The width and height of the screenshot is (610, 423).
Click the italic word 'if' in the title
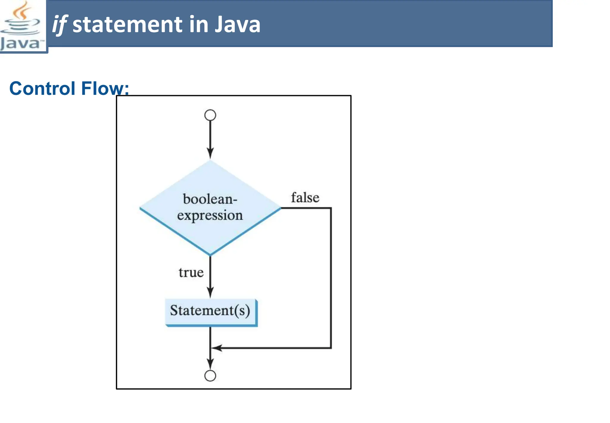click(60, 24)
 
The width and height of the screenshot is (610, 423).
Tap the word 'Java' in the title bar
click(237, 24)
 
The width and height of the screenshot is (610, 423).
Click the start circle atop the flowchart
click(210, 115)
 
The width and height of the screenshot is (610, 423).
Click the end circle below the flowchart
click(210, 376)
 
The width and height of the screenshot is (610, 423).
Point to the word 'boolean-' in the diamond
click(210, 199)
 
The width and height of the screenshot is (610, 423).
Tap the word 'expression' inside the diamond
click(210, 215)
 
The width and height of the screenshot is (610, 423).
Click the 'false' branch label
click(305, 197)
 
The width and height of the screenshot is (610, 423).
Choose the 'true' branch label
click(191, 272)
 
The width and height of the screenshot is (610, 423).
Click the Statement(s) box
click(210, 311)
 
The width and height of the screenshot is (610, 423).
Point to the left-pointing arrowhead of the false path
click(217, 348)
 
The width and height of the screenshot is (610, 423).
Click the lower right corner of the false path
click(331, 348)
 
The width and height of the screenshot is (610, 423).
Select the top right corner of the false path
click(331, 208)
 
